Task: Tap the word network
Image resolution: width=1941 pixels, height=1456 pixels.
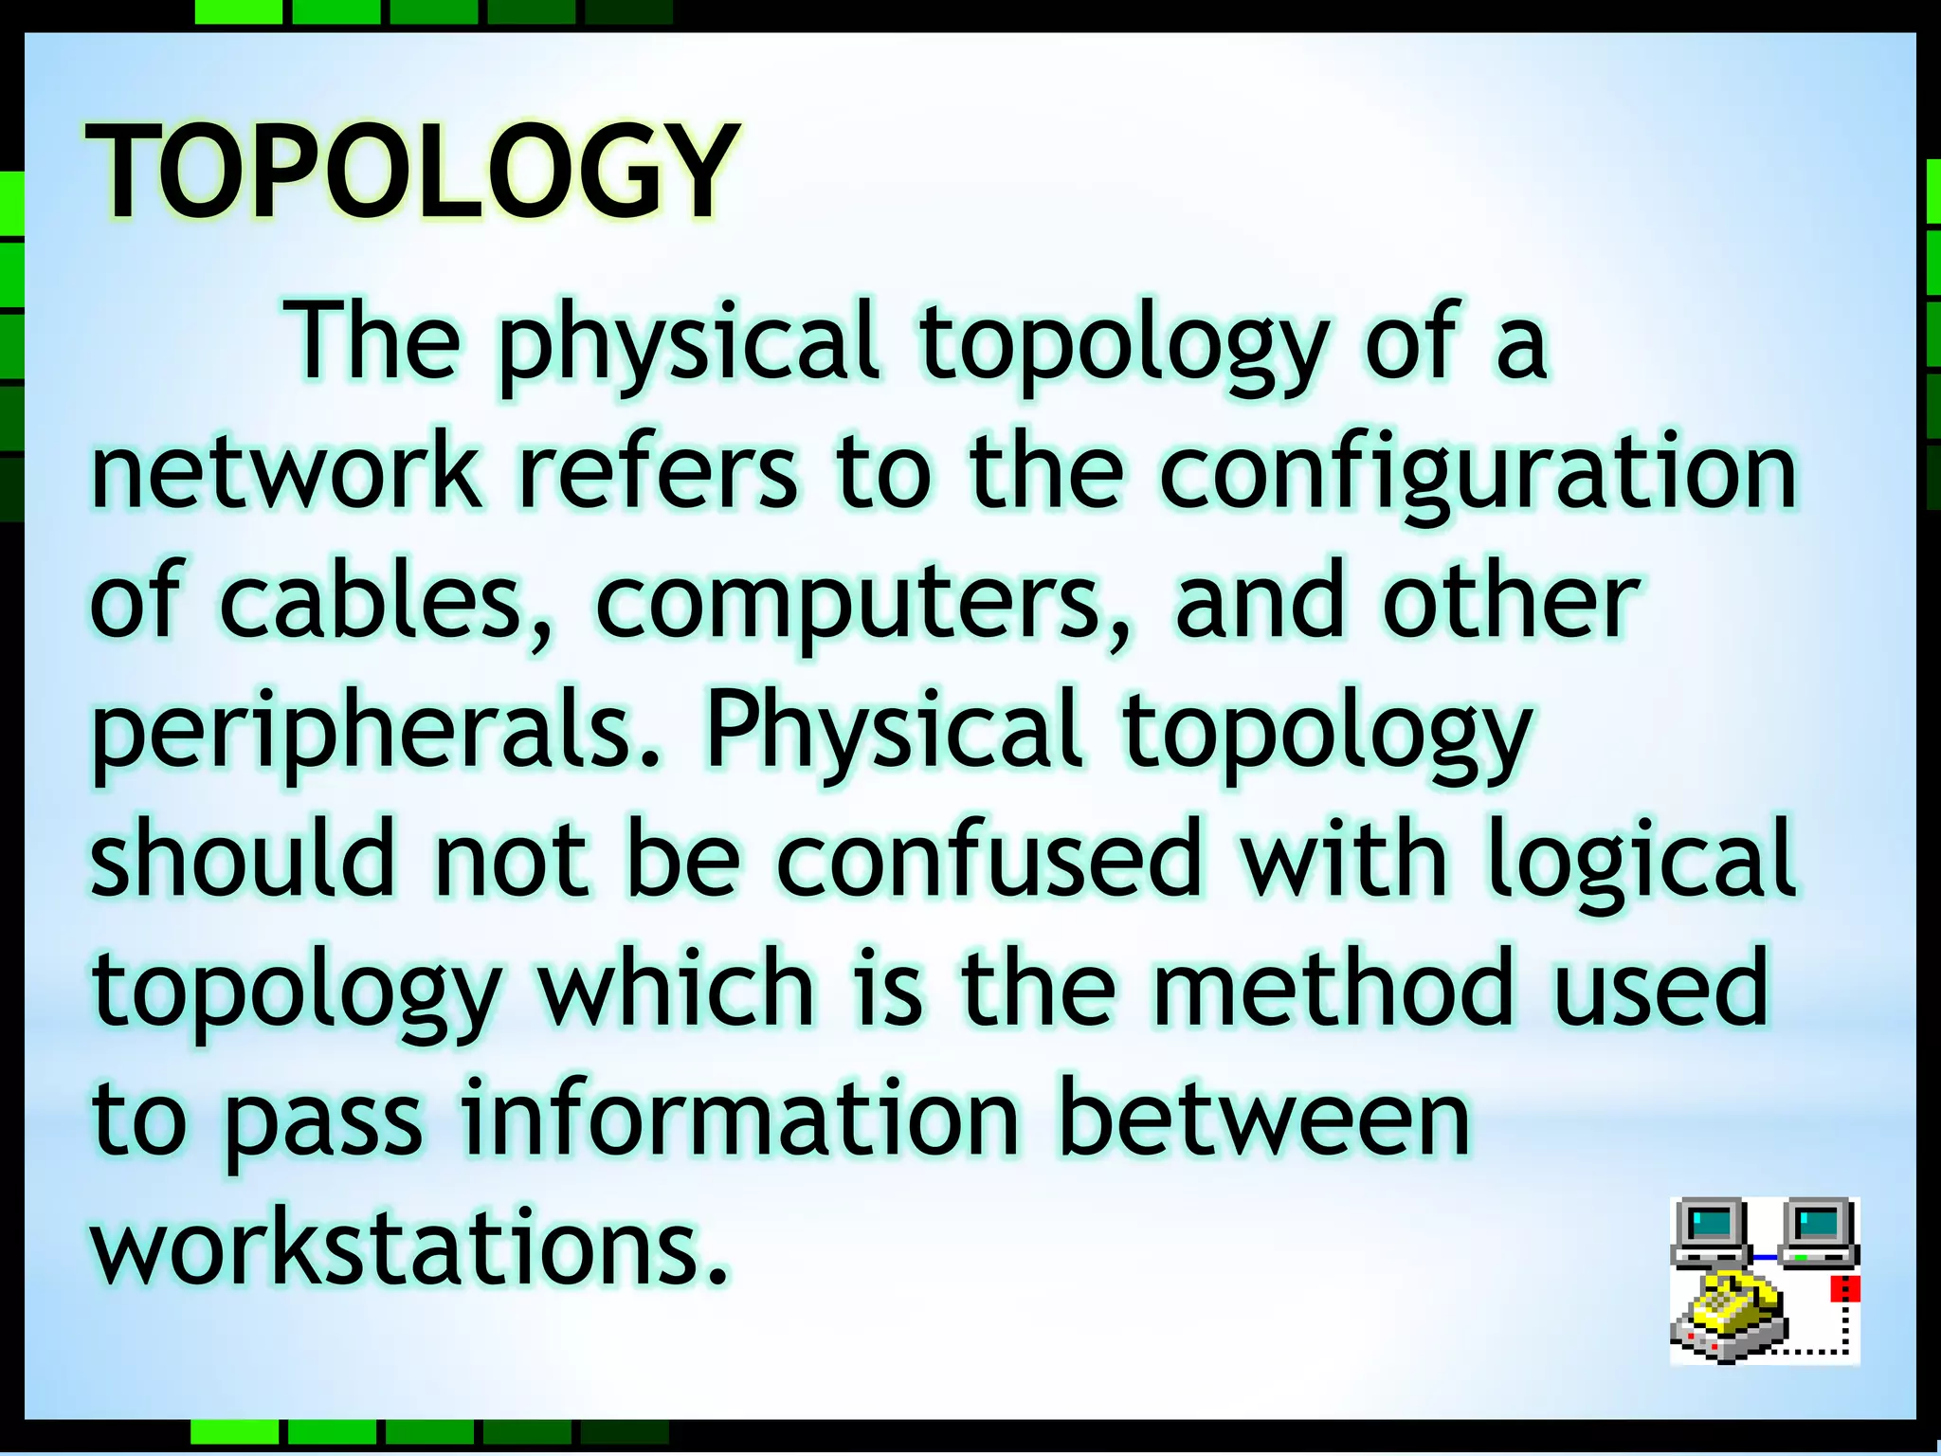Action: (286, 471)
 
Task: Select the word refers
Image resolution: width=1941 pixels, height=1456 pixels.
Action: (658, 471)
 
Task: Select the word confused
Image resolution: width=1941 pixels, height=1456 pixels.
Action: (989, 860)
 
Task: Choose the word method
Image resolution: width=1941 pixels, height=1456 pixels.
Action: (1333, 988)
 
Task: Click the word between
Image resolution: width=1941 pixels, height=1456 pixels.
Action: (1263, 1119)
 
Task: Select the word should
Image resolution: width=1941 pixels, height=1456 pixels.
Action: (243, 860)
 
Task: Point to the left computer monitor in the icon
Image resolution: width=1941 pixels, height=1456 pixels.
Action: (1711, 1228)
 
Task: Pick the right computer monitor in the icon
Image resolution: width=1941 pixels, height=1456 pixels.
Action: (1818, 1228)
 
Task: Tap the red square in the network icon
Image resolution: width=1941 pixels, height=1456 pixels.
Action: (1844, 1289)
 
